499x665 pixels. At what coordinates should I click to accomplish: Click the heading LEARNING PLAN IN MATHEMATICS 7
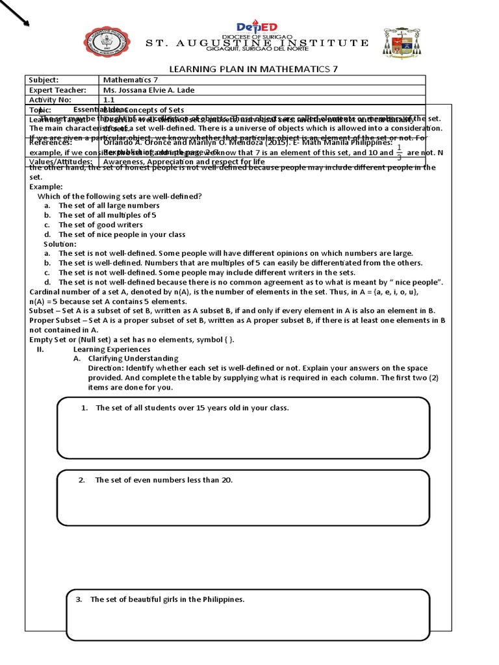click(x=253, y=69)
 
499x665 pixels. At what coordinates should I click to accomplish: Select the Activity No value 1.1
click(x=109, y=100)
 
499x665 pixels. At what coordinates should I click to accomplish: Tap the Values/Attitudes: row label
click(x=60, y=162)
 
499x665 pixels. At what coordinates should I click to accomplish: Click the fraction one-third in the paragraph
click(x=399, y=153)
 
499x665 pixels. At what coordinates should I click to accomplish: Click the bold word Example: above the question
click(x=46, y=186)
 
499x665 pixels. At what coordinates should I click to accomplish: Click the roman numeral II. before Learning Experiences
click(x=40, y=349)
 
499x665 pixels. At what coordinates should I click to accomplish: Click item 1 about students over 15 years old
click(x=192, y=408)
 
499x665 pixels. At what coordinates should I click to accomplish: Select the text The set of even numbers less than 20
click(x=164, y=481)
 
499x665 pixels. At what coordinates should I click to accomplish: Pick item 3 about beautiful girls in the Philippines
click(x=167, y=599)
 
